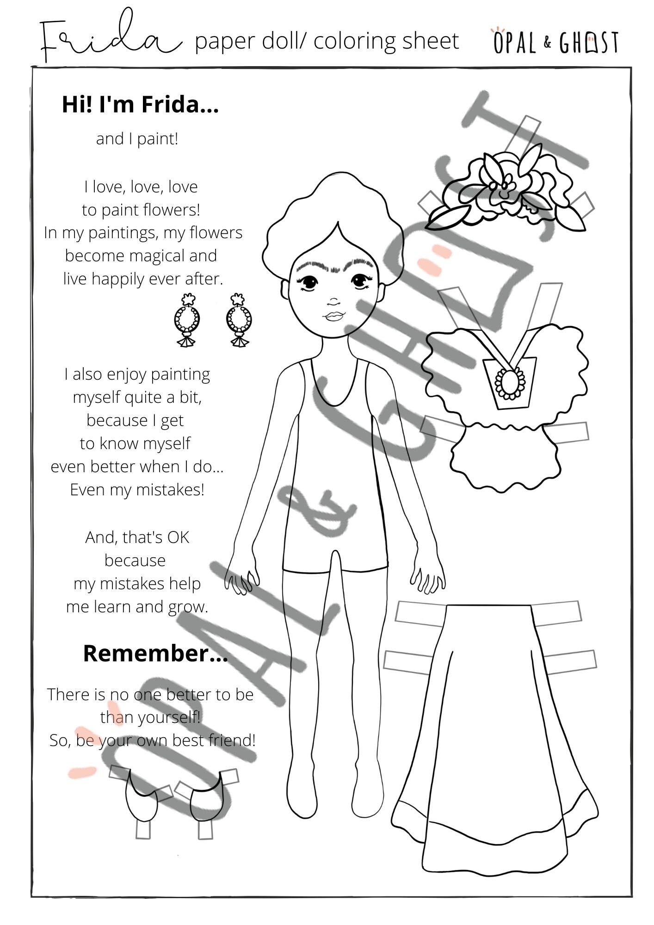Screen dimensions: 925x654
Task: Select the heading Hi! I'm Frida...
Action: (140, 105)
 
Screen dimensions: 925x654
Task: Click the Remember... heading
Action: (155, 654)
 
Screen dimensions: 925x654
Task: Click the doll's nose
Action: (334, 302)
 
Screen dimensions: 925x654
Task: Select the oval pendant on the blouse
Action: (510, 382)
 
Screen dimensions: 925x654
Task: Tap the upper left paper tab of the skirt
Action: (419, 613)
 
